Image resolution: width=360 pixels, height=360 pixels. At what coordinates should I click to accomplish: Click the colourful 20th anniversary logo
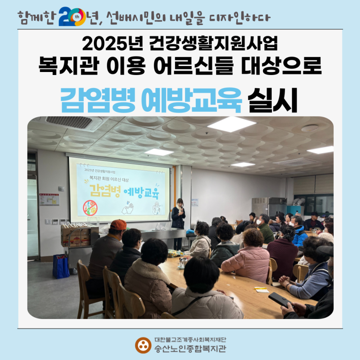coord(72,16)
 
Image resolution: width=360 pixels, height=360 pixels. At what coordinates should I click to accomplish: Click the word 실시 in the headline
coord(272,100)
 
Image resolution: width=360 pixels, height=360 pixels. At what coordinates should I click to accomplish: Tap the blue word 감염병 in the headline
coord(97,100)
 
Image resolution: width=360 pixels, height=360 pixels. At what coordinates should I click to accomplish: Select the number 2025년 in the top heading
coord(112,44)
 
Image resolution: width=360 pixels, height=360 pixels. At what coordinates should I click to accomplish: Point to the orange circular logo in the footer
coord(143,345)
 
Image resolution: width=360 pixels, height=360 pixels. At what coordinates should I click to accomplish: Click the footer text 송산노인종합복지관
coord(190,349)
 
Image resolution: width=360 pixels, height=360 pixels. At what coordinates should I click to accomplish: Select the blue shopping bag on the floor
coord(61,266)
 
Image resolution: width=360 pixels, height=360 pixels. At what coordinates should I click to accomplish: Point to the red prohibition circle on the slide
coord(90,208)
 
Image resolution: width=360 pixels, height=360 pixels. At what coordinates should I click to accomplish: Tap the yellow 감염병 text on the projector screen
coord(105,190)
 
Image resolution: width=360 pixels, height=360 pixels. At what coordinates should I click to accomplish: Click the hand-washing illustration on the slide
coord(128,208)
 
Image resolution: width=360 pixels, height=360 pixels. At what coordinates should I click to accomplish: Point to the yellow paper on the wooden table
coord(261,289)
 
